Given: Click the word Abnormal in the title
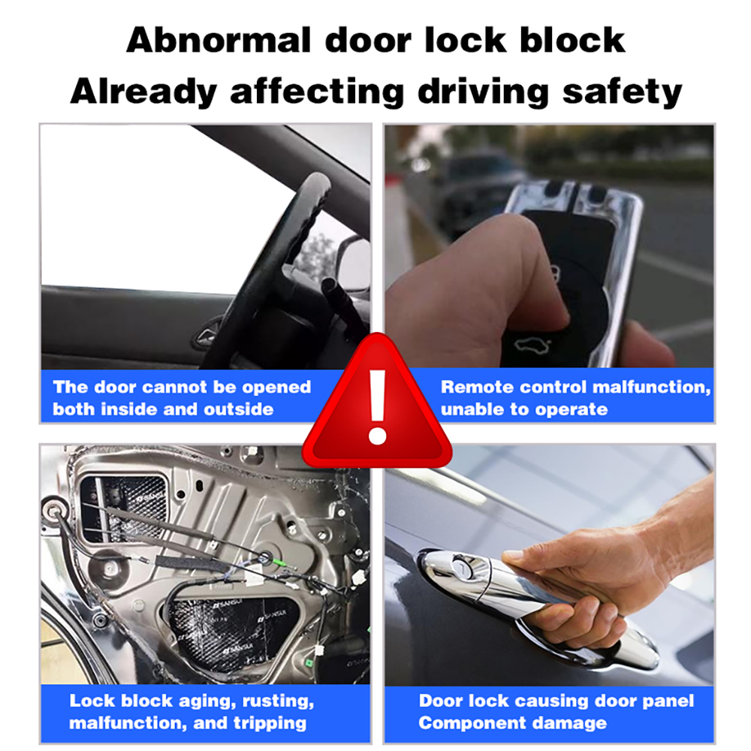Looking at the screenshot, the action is (219, 41).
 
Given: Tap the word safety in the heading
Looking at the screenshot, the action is (622, 91).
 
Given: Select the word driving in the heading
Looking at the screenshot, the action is (483, 91).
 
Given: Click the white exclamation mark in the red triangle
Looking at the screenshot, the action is (378, 407).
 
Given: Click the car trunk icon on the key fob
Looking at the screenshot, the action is (532, 344).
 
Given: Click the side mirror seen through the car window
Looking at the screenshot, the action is (354, 261).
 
